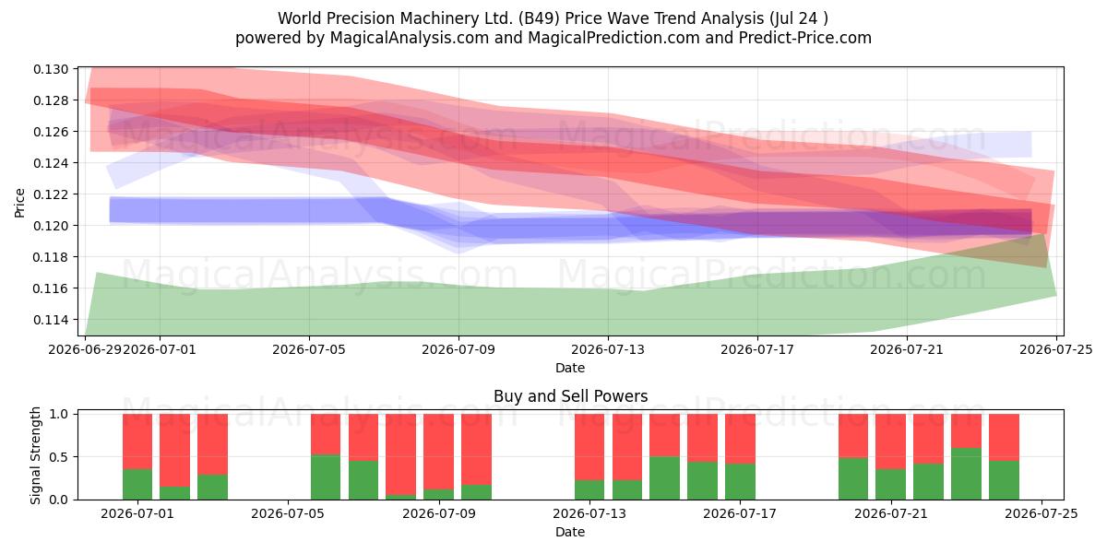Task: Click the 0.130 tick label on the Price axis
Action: pos(51,69)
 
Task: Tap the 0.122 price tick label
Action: pos(51,194)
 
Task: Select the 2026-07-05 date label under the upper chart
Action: pos(309,349)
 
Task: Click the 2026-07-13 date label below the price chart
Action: pos(608,349)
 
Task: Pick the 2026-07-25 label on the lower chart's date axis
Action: pos(1042,513)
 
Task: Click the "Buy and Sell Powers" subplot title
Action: pos(571,396)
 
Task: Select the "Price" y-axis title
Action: pos(19,203)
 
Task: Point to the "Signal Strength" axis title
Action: pos(35,455)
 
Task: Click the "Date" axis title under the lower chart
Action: pos(570,532)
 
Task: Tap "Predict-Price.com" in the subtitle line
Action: pos(805,38)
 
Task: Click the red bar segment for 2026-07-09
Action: pos(438,452)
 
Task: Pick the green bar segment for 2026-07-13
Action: pos(589,489)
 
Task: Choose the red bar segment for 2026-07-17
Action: pos(740,439)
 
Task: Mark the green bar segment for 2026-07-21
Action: pos(890,485)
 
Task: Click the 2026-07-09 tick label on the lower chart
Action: pos(439,513)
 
